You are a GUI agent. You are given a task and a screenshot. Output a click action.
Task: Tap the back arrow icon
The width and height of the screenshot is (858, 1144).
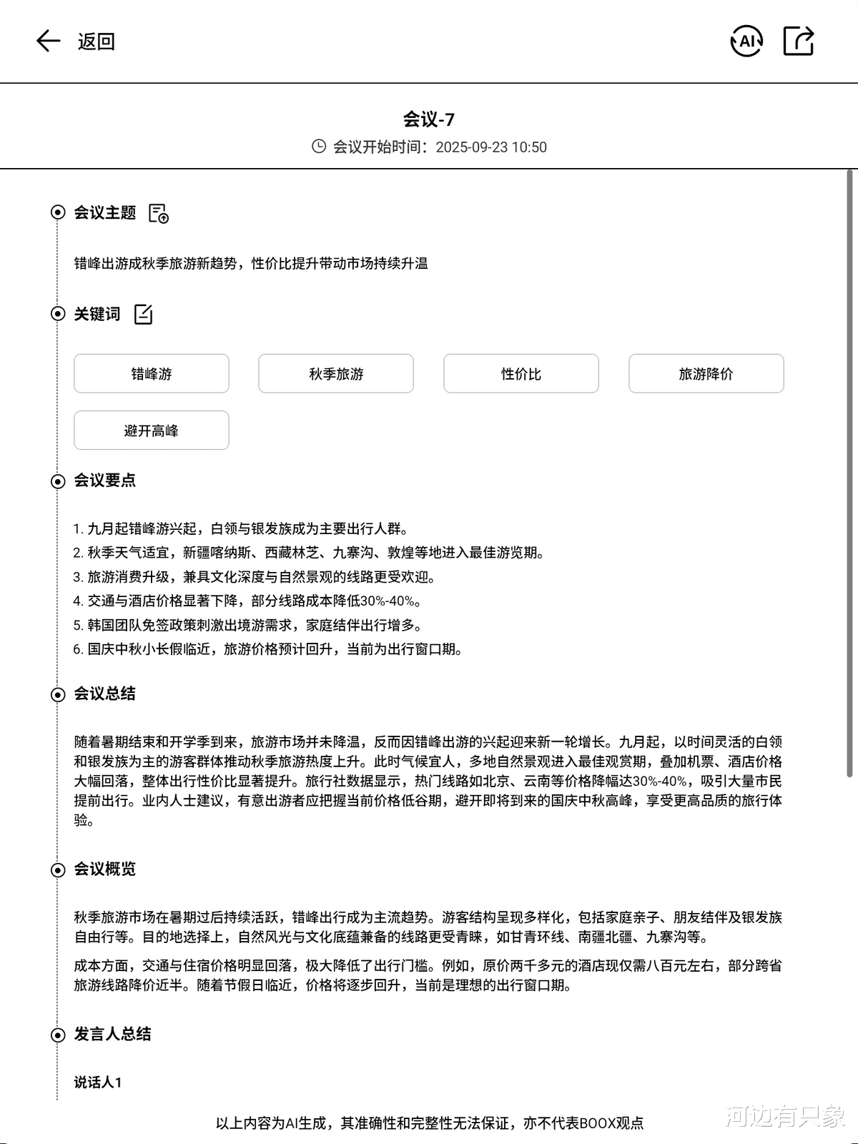(x=48, y=41)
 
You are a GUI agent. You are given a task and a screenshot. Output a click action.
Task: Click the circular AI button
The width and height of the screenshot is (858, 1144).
(x=746, y=41)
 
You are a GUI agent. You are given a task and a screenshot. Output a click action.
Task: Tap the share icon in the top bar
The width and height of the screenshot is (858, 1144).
(x=799, y=41)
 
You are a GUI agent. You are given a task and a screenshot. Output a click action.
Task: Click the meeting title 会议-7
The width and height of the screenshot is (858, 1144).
(x=429, y=119)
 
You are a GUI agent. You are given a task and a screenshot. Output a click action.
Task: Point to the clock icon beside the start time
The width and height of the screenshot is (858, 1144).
(x=319, y=147)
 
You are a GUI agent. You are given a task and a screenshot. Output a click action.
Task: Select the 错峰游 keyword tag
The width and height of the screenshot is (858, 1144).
(x=152, y=373)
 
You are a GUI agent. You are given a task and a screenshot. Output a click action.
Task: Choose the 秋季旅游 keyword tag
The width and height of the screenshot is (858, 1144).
(x=336, y=373)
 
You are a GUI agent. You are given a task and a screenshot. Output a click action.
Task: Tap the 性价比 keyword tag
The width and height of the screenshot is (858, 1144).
(x=521, y=373)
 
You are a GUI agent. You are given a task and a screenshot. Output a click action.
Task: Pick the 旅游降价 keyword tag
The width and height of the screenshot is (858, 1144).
(x=706, y=373)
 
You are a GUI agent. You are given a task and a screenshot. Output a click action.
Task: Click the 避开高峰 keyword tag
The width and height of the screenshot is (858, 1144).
(x=152, y=430)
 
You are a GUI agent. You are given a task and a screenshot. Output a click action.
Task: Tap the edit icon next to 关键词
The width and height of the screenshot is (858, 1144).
(x=144, y=314)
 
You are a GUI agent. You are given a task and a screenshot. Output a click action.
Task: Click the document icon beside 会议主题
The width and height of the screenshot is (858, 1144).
(x=158, y=213)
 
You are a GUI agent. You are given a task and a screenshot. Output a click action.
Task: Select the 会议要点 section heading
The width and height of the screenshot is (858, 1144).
(x=105, y=480)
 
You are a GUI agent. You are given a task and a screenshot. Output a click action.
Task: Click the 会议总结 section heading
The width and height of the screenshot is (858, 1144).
(x=105, y=694)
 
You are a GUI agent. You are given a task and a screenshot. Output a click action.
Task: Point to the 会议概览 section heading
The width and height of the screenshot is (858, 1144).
(x=105, y=869)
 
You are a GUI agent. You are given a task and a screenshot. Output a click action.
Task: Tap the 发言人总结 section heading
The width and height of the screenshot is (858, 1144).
(x=112, y=1034)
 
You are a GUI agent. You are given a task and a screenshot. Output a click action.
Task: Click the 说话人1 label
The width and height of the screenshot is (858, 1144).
(x=98, y=1083)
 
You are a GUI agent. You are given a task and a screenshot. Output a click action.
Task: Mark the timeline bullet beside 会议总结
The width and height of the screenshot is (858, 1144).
(x=58, y=694)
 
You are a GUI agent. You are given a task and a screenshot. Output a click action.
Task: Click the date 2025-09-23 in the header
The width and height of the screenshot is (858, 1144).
(x=472, y=147)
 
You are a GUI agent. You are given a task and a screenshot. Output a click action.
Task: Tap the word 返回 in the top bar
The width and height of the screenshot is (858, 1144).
(x=97, y=41)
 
